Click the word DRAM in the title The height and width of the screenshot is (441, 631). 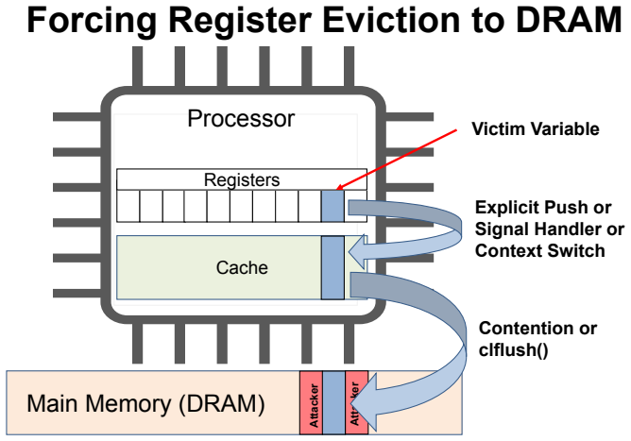(569, 20)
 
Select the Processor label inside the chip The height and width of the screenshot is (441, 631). (241, 118)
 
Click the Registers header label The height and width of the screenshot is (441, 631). (242, 179)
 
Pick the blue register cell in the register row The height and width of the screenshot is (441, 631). (333, 206)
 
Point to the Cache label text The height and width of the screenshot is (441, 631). (242, 267)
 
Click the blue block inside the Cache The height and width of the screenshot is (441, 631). (333, 267)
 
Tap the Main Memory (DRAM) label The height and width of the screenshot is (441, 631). (145, 403)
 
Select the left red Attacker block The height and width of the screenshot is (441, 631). (311, 403)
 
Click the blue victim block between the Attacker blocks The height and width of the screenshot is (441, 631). (334, 403)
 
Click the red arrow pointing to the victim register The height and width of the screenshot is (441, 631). (397, 160)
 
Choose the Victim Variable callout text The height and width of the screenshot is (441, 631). (536, 129)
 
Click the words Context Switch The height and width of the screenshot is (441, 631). (540, 250)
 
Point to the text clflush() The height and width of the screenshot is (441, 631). (514, 348)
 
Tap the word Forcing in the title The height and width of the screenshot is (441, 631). (92, 21)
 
